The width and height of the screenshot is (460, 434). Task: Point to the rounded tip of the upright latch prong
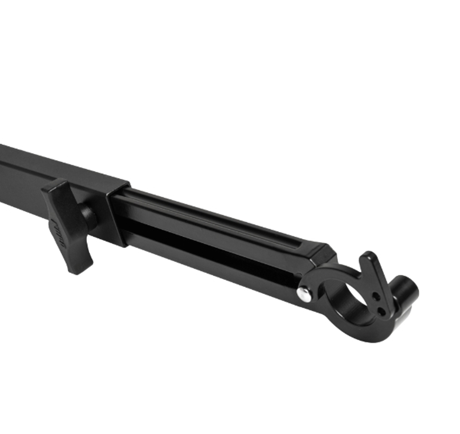[368, 256]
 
